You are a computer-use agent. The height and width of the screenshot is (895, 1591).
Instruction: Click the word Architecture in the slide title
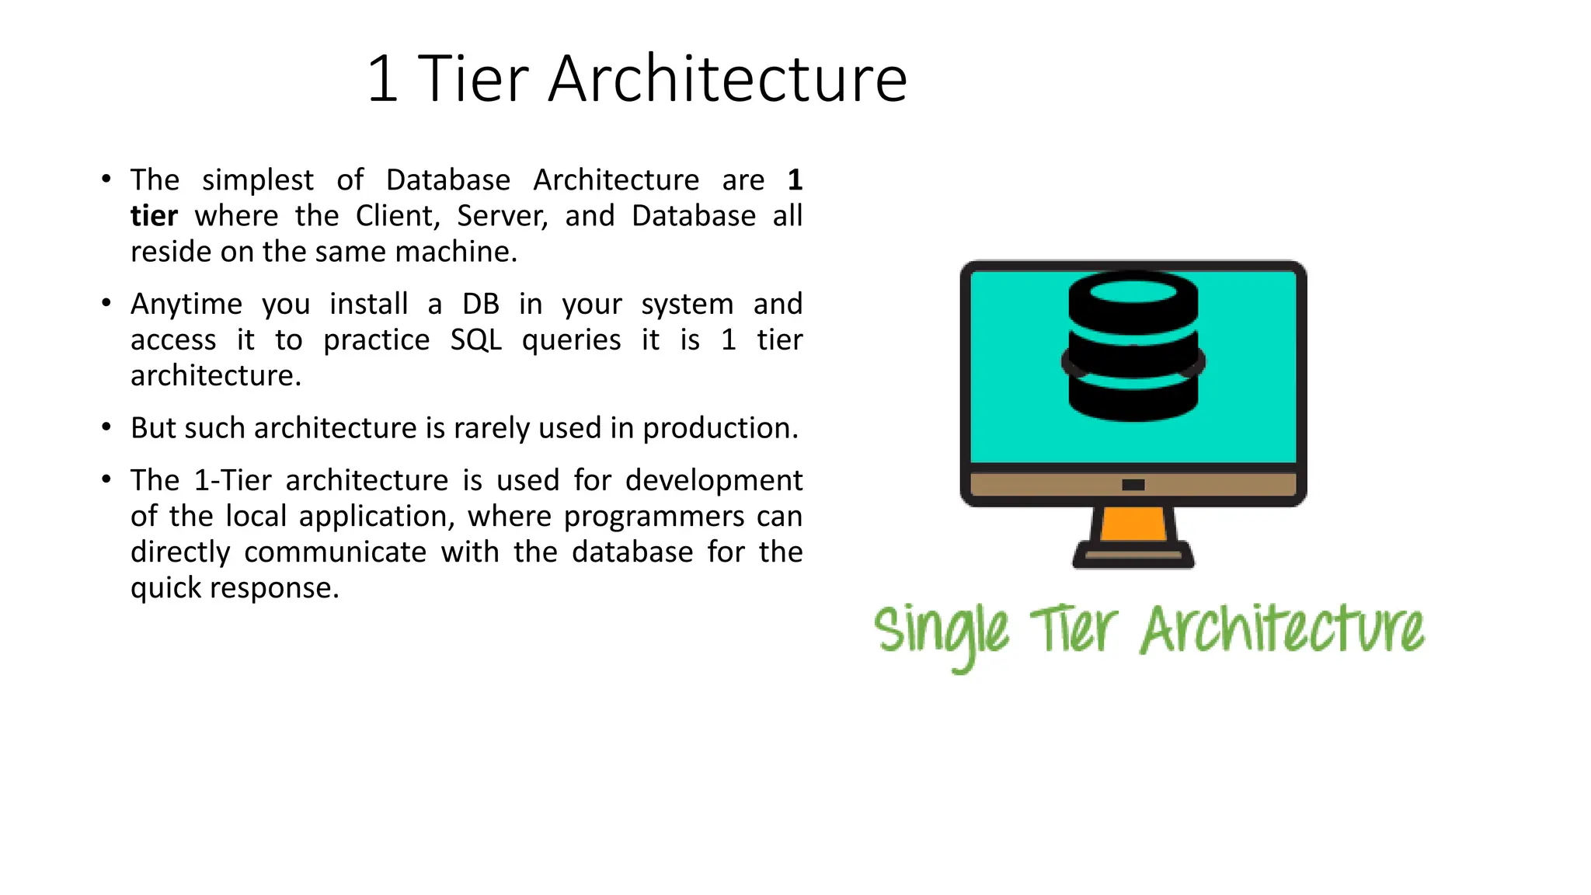tap(727, 79)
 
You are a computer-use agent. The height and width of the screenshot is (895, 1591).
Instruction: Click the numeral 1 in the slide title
tap(382, 79)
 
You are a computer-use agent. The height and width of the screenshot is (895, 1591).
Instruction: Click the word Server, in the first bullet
tap(502, 216)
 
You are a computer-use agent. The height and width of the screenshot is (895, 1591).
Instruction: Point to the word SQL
tap(475, 340)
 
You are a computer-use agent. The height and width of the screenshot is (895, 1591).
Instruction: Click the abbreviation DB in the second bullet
tap(480, 304)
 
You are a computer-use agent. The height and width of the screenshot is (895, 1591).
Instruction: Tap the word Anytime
tap(186, 304)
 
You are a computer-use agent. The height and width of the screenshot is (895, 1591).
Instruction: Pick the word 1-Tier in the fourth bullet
tap(232, 480)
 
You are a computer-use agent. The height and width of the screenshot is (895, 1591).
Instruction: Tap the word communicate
tap(335, 552)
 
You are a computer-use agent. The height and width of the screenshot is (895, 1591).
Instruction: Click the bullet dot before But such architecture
tap(106, 427)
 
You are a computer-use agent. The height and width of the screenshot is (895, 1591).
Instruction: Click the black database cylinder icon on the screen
tap(1133, 346)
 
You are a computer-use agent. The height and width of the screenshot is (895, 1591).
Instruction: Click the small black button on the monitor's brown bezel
tap(1133, 485)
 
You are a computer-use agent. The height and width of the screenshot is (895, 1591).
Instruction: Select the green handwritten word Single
tap(941, 631)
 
